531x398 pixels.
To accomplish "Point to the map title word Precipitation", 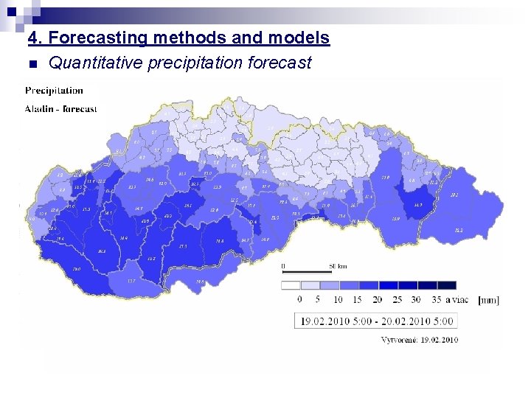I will pyautogui.click(x=54, y=91).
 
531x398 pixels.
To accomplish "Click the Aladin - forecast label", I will pyautogui.click(x=60, y=109).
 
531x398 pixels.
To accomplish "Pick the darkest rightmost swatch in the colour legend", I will pyautogui.click(x=446, y=285).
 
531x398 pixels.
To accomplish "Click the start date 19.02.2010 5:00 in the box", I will pyautogui.click(x=333, y=321).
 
